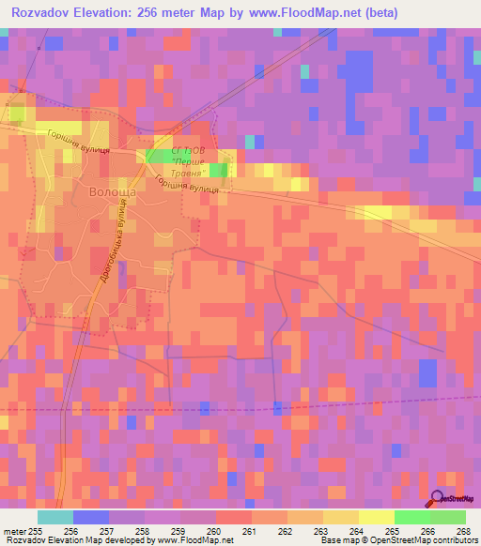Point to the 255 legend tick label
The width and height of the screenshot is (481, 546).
(x=37, y=530)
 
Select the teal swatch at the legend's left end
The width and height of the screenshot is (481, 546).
(x=54, y=517)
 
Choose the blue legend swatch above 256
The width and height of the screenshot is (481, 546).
(x=90, y=517)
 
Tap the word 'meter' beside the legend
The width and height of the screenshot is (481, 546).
(x=13, y=530)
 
